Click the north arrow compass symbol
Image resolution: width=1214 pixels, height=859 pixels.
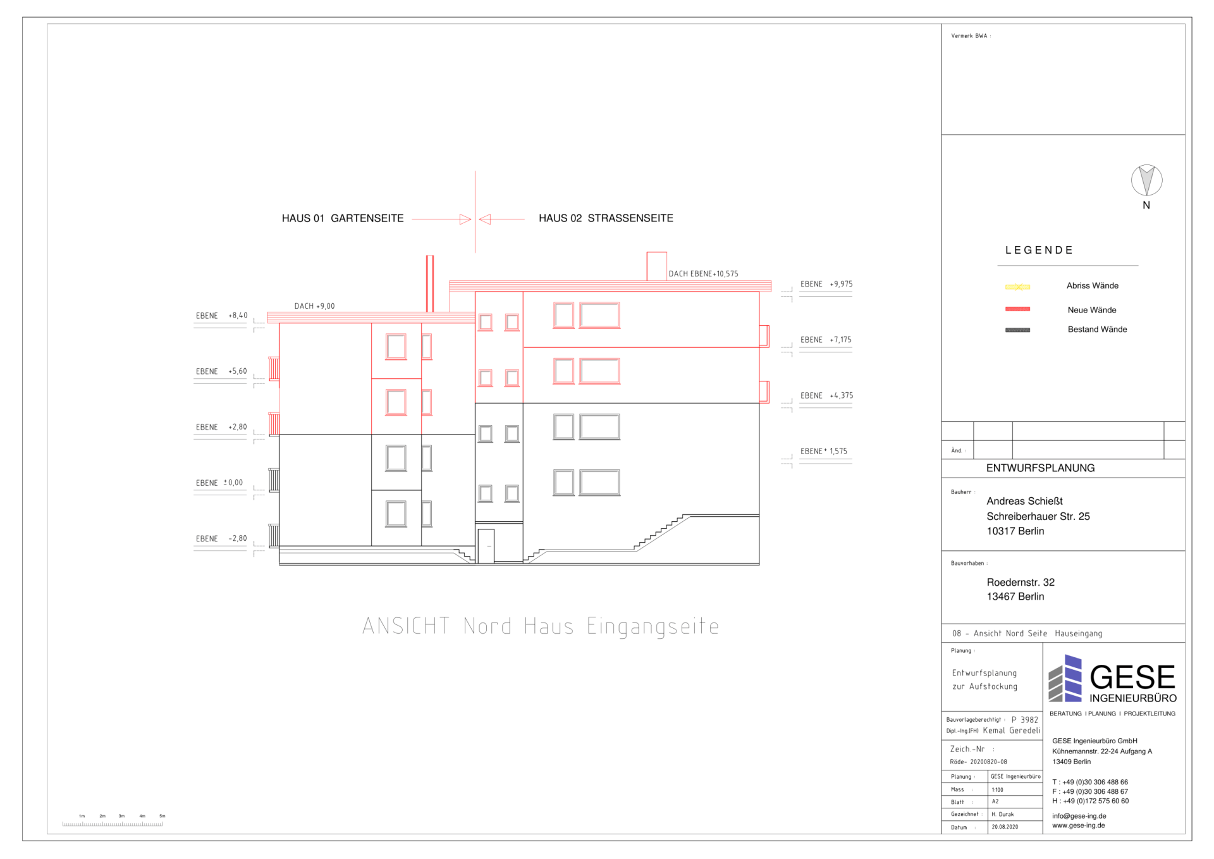click(x=1146, y=180)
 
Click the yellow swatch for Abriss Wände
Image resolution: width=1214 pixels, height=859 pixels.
click(x=1017, y=287)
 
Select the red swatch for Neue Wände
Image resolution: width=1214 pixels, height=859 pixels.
click(x=1017, y=309)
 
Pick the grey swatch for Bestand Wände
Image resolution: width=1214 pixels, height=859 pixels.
click(x=1017, y=330)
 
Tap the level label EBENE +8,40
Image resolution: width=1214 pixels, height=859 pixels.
click(x=221, y=316)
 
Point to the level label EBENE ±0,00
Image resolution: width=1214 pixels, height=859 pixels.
click(x=219, y=483)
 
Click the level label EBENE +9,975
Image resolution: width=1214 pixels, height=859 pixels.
click(x=826, y=284)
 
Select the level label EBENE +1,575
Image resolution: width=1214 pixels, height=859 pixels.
click(x=823, y=451)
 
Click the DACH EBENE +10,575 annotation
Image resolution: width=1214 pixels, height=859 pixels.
click(x=703, y=274)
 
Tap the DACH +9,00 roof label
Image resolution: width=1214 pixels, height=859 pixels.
click(x=314, y=306)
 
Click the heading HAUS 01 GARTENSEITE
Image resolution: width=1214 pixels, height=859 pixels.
click(x=342, y=218)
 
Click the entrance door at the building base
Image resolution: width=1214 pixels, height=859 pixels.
click(x=486, y=546)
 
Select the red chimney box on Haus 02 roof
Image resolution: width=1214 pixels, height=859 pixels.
click(x=656, y=266)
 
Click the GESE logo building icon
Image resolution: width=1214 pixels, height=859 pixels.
click(x=1065, y=679)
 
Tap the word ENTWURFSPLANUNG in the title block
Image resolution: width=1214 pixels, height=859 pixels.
click(x=1040, y=468)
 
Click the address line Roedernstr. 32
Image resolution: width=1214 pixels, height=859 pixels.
click(x=1021, y=582)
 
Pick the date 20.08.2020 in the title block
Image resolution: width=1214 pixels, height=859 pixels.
click(x=1005, y=827)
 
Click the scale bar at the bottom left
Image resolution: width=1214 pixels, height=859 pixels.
click(x=113, y=823)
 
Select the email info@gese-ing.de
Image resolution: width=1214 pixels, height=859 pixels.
click(x=1079, y=816)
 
